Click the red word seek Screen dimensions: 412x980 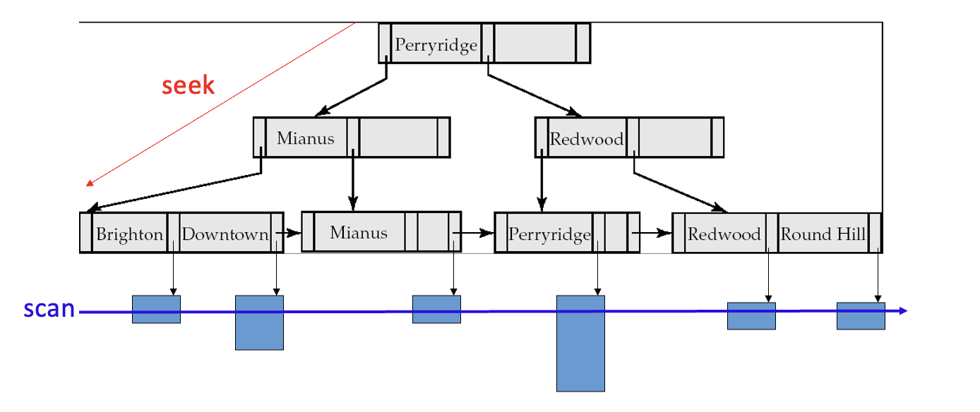point(188,85)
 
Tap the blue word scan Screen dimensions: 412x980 point(49,309)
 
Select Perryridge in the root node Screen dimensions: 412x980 point(436,45)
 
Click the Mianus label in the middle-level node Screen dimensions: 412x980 point(305,138)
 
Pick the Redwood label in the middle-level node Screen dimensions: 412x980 point(586,139)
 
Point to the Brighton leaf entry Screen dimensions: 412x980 point(129,234)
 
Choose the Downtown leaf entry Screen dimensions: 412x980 point(225,234)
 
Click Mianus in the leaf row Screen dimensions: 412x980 point(358,232)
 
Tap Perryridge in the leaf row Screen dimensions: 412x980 point(549,234)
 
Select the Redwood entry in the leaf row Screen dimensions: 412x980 point(724,234)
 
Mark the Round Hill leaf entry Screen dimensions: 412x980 point(823,234)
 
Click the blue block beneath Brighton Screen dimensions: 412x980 point(156,310)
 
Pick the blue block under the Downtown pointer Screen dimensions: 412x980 point(259,322)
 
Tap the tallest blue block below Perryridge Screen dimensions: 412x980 point(580,343)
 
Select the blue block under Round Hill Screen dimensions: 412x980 point(861,316)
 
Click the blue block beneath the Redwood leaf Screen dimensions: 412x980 point(751,316)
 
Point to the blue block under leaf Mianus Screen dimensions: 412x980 point(436,310)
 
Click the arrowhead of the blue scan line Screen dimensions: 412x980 point(903,311)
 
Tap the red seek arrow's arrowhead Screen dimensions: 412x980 point(89,184)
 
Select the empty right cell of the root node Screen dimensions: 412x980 point(534,44)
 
